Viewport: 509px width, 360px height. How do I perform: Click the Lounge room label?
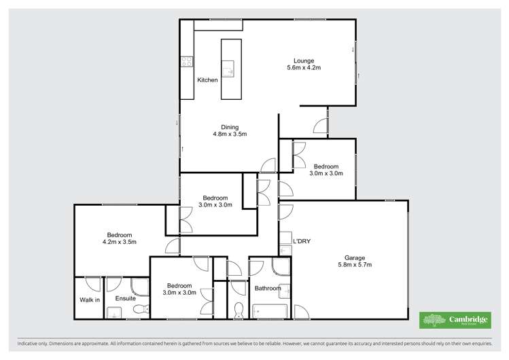tap(303, 60)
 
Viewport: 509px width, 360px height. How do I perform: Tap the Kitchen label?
tap(207, 80)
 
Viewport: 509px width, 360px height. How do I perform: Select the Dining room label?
tap(230, 126)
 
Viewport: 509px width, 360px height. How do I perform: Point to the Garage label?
tap(355, 257)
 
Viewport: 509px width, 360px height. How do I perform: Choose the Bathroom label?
tap(267, 288)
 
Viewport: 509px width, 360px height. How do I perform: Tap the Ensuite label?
tap(126, 298)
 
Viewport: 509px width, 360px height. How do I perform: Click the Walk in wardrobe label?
tap(90, 300)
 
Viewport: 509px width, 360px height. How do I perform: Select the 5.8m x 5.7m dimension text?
tap(355, 265)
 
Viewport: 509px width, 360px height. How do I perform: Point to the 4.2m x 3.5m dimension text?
tap(120, 241)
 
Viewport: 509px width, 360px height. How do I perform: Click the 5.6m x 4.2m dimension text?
tap(303, 68)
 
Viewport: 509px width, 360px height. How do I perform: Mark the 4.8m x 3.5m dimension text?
tap(230, 134)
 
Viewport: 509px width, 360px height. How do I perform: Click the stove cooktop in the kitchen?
tap(187, 62)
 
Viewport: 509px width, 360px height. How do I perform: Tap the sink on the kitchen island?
tap(231, 68)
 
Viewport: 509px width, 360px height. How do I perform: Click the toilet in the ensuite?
tap(141, 310)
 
